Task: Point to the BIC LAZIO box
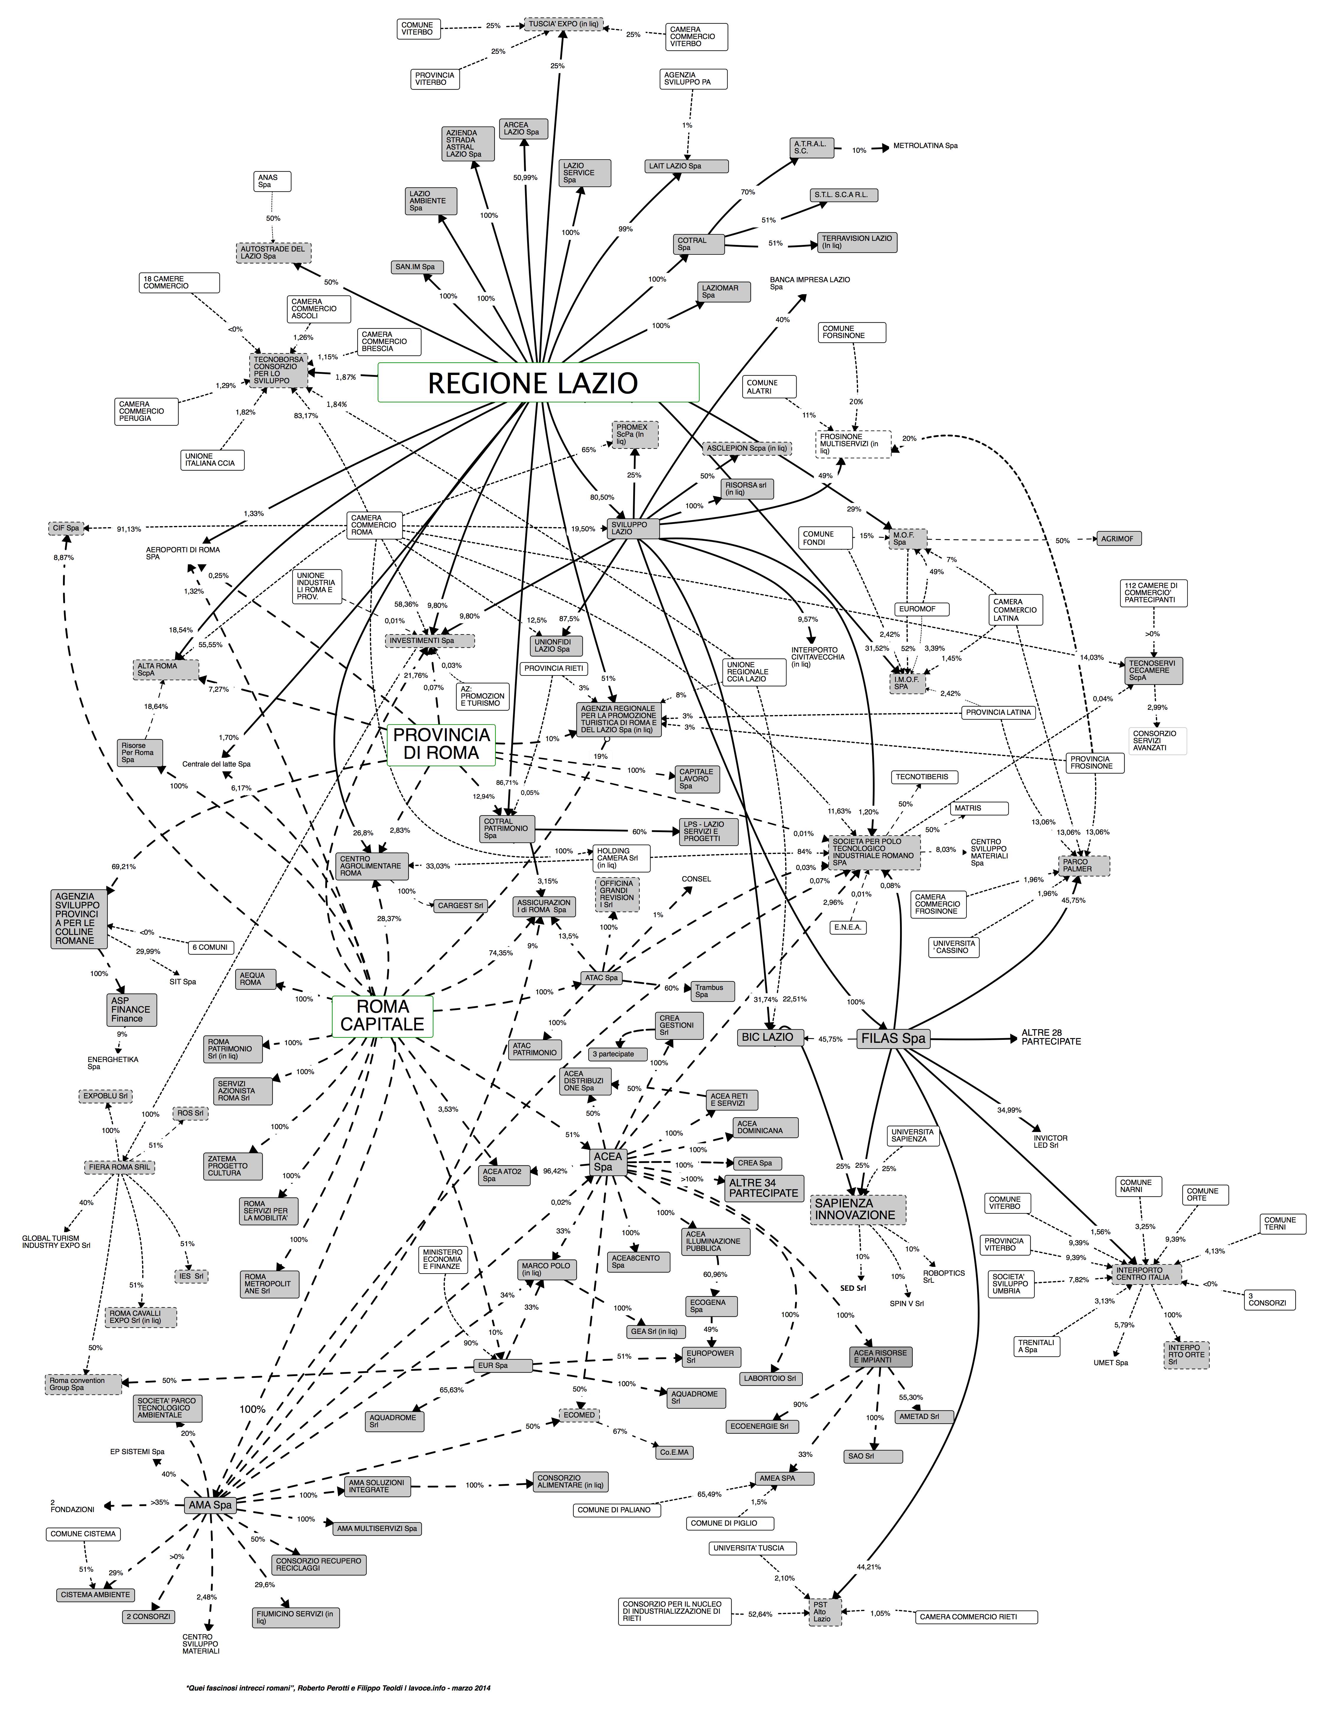click(767, 1037)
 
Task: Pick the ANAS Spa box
click(272, 181)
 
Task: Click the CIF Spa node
click(67, 528)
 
